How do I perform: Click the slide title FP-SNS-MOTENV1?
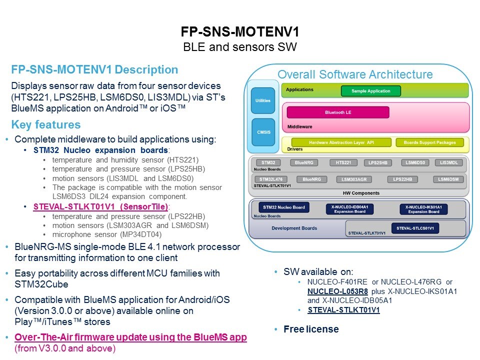240,31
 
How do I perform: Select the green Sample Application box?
370,91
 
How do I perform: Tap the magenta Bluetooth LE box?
338,112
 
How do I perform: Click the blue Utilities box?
263,100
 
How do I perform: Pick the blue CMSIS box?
263,132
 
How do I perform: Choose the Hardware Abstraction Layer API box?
341,142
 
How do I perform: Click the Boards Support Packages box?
429,142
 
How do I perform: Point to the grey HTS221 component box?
343,162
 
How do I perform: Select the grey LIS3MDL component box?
449,162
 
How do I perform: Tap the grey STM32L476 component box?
271,179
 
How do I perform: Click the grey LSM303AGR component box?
354,179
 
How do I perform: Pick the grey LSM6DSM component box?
448,179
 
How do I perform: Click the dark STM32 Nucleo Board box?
284,207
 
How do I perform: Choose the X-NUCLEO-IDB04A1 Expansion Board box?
349,209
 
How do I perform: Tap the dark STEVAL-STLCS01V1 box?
415,228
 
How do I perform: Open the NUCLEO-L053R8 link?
337,291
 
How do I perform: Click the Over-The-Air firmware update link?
130,337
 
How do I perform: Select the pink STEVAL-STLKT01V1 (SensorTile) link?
100,206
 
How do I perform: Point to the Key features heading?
46,124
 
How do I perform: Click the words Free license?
311,329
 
